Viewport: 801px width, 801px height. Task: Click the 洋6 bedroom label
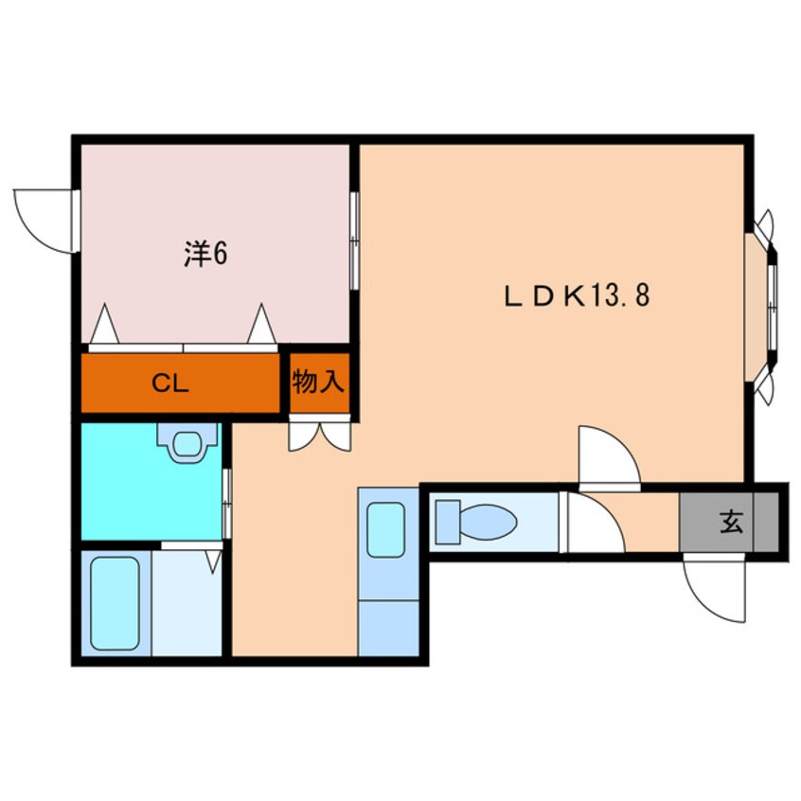click(205, 255)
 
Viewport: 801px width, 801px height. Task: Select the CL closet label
click(172, 383)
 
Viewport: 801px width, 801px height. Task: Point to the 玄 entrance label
click(730, 522)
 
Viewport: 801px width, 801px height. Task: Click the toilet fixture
click(476, 522)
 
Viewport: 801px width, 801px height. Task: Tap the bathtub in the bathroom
click(115, 603)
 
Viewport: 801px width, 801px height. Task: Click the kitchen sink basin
click(386, 530)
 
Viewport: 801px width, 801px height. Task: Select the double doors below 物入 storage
click(320, 434)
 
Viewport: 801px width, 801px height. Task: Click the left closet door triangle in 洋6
click(104, 325)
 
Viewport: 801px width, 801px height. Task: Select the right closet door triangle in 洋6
click(262, 325)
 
